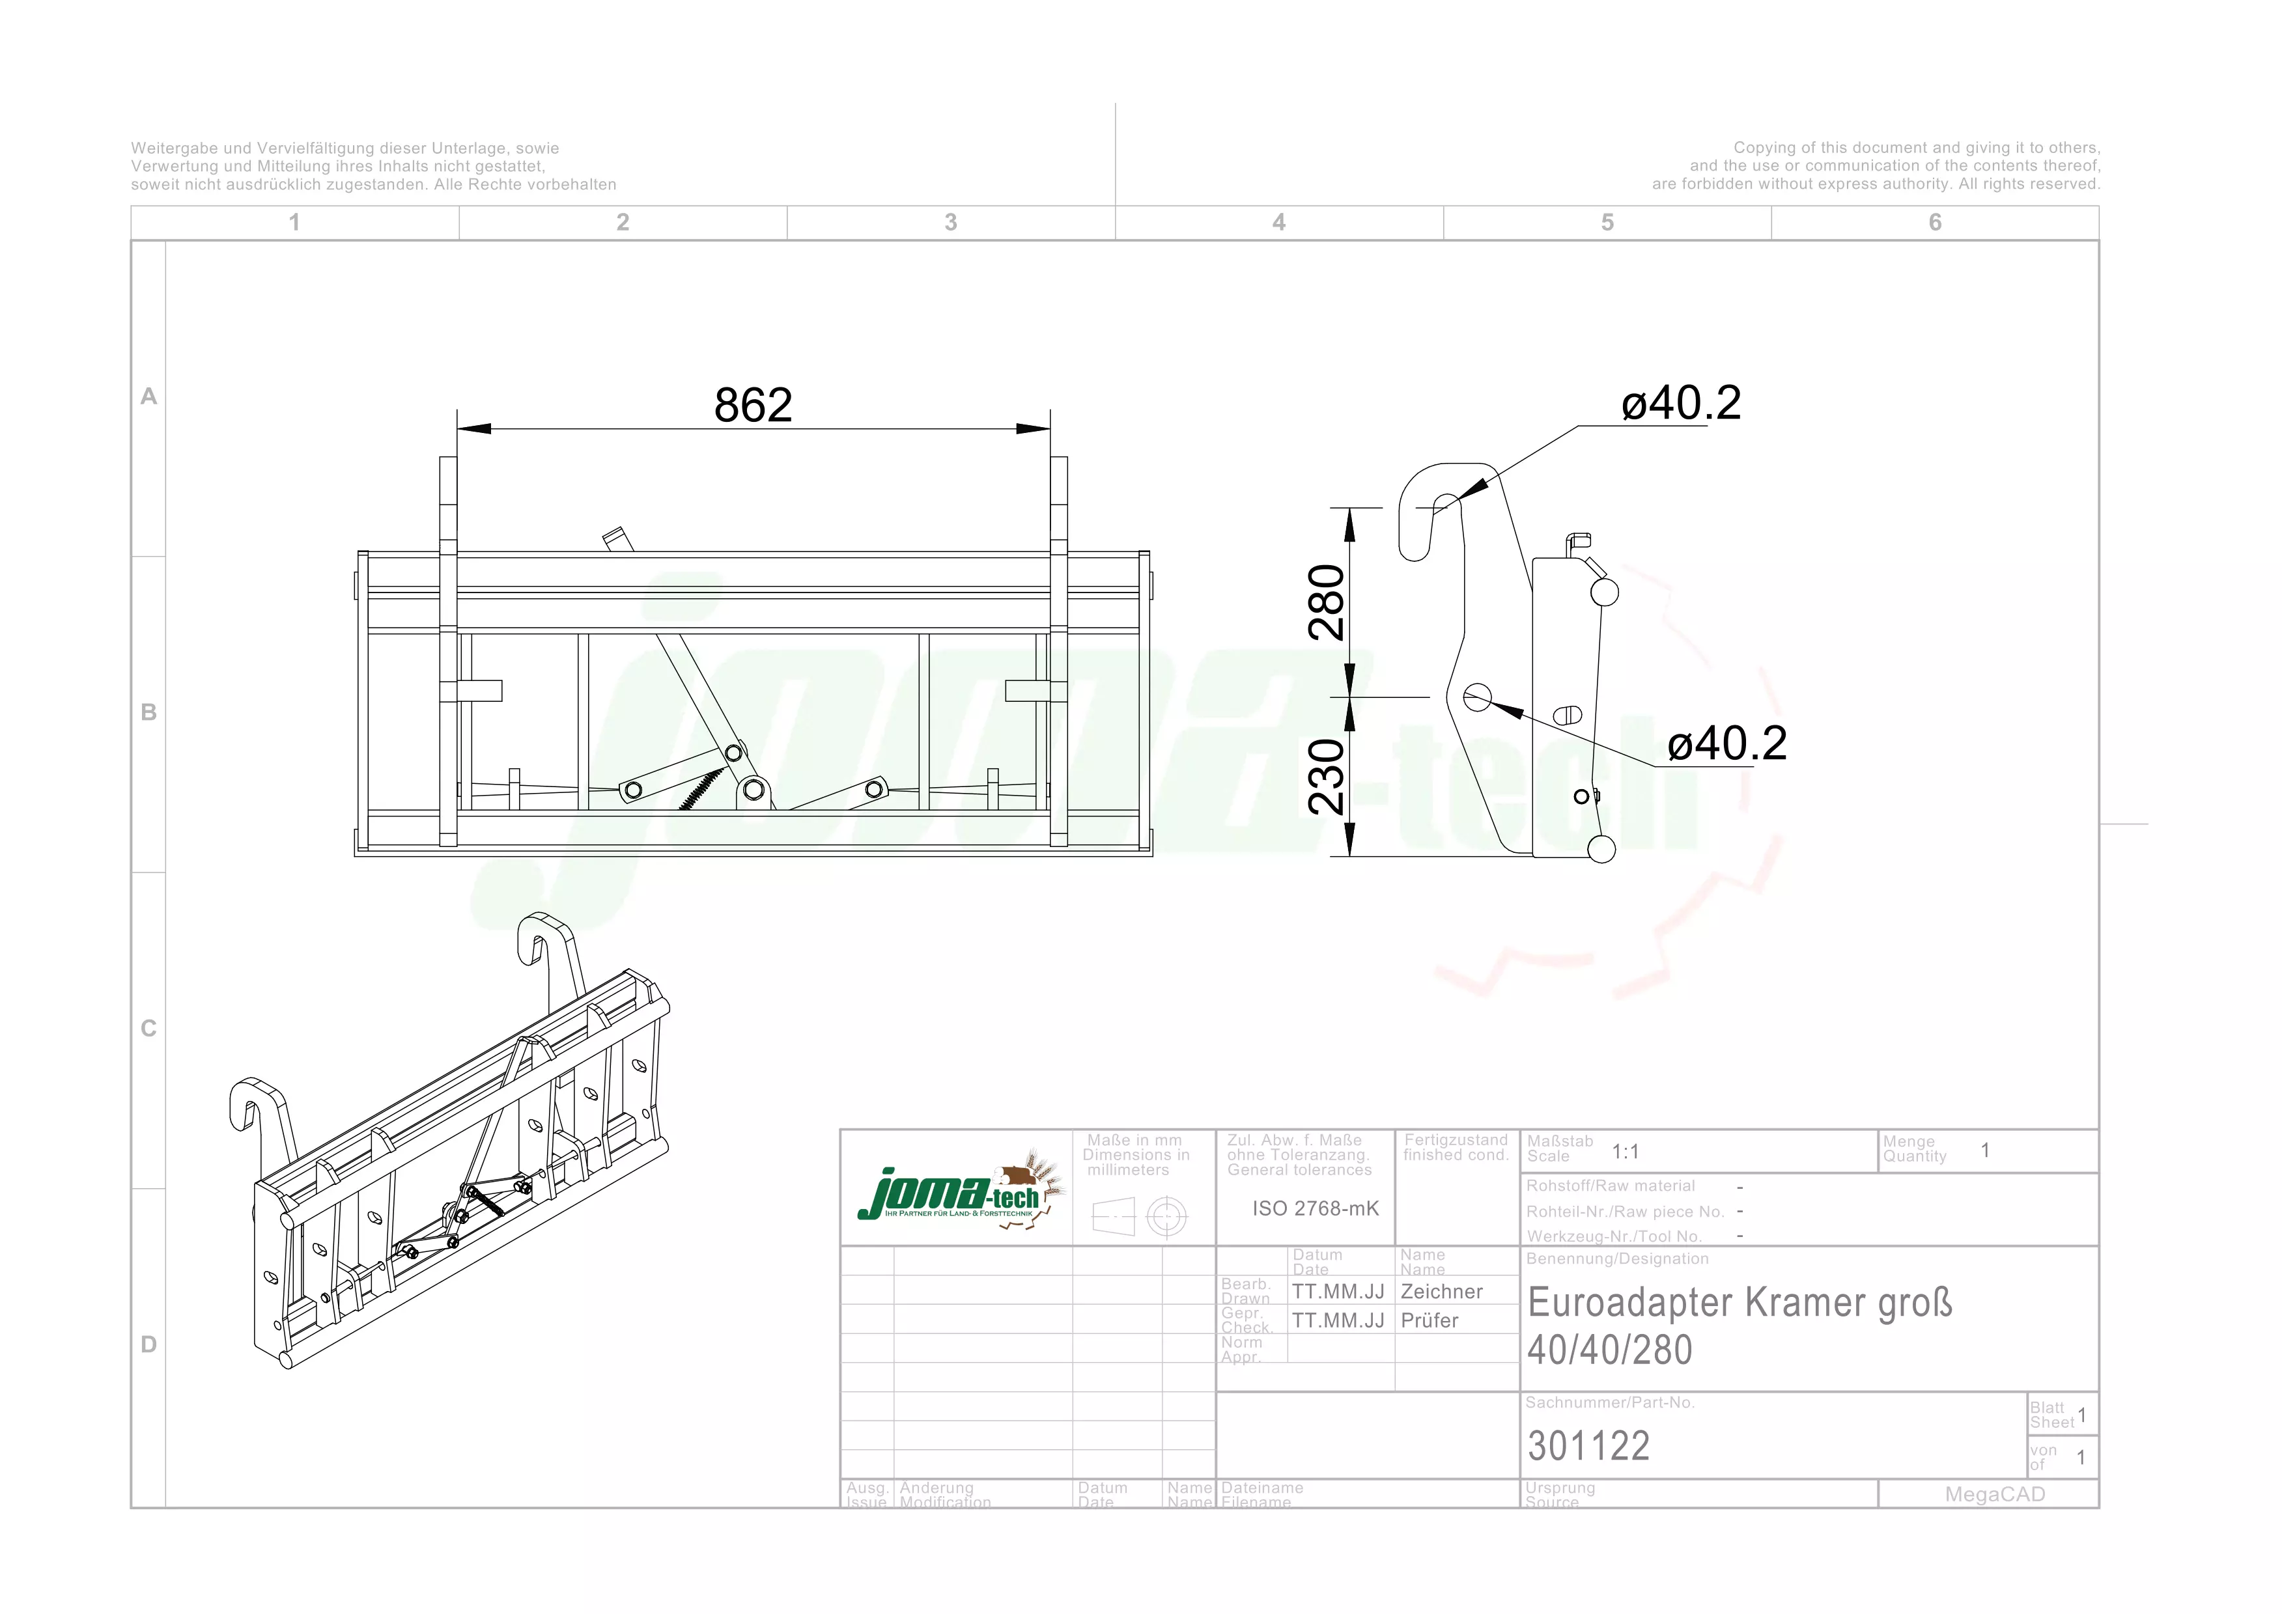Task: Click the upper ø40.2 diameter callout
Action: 1681,404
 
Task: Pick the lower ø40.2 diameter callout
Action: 1726,744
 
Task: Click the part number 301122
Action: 1588,1446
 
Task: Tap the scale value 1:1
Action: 1625,1152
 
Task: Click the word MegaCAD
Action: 1995,1495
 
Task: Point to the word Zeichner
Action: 1441,1292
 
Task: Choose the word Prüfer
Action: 1430,1321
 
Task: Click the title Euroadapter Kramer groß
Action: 1740,1303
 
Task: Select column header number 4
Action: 1279,223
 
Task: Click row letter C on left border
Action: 149,1029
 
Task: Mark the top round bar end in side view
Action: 1604,592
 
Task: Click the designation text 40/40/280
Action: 1609,1350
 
